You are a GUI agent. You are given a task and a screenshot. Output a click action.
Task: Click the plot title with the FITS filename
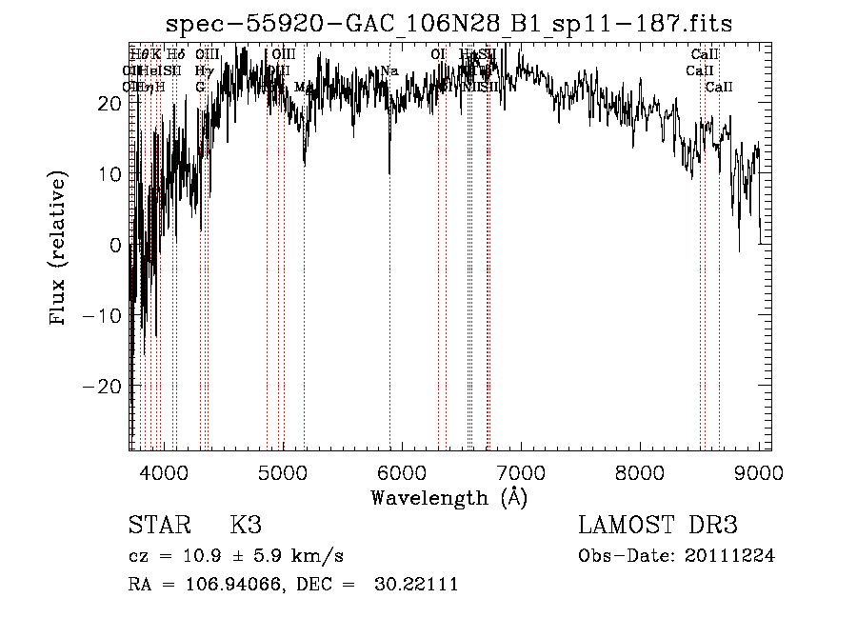click(448, 24)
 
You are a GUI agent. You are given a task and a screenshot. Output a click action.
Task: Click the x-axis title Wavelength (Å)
click(448, 497)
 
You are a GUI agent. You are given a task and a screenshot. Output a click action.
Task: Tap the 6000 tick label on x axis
click(402, 470)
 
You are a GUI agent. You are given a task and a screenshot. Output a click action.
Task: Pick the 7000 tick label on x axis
click(521, 470)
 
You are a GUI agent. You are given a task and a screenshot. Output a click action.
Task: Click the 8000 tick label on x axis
click(640, 470)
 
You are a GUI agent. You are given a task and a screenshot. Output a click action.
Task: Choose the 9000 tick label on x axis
click(759, 470)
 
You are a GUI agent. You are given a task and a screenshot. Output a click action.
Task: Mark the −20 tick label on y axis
click(103, 387)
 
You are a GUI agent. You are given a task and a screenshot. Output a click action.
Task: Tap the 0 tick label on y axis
click(116, 245)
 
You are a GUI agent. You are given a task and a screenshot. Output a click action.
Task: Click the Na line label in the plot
click(389, 71)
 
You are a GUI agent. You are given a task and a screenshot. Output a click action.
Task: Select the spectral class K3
click(246, 526)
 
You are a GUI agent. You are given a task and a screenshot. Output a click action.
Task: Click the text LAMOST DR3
click(657, 526)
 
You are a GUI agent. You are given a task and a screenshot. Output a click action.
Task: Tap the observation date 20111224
click(731, 556)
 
